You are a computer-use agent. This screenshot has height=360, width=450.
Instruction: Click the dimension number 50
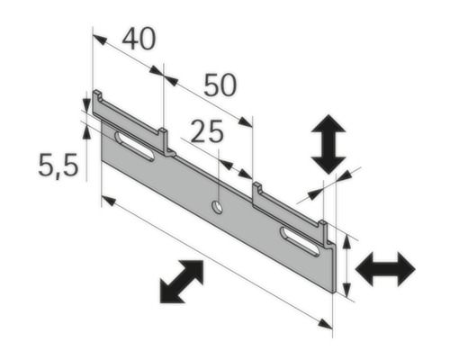(x=220, y=85)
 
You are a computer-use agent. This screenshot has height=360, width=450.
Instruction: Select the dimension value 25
(x=207, y=132)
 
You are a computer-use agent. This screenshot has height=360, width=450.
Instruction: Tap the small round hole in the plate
(x=217, y=208)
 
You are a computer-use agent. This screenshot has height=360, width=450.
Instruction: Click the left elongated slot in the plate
(x=134, y=146)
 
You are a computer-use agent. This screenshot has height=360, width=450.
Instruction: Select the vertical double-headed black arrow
(x=328, y=144)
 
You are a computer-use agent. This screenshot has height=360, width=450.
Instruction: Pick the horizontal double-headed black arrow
(x=385, y=268)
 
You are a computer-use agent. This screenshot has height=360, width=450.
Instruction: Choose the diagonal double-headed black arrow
(x=181, y=281)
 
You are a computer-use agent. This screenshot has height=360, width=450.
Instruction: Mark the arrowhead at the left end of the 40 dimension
(x=99, y=40)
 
